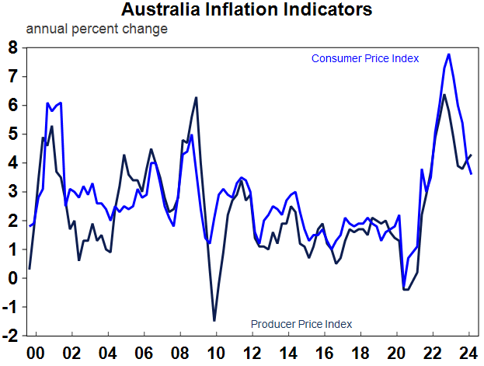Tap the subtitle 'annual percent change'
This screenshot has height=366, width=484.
[x=97, y=30]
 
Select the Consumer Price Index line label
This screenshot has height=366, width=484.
[x=365, y=58]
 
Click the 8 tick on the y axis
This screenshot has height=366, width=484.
[x=12, y=47]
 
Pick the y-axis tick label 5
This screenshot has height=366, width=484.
[x=12, y=134]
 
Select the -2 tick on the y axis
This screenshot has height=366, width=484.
[x=10, y=336]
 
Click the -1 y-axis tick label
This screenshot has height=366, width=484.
[x=10, y=308]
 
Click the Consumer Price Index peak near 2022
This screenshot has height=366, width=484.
[x=449, y=54]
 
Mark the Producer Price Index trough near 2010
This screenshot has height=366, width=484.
[x=214, y=320]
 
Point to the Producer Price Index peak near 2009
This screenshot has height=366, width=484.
[x=196, y=97]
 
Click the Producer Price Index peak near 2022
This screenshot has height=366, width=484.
[x=444, y=95]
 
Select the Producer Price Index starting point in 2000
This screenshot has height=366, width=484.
[x=30, y=268]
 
